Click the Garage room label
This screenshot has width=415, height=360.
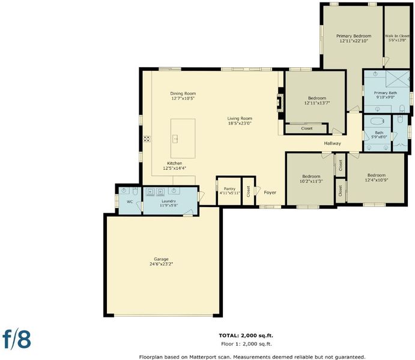tap(161, 259)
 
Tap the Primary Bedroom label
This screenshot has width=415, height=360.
tap(354, 36)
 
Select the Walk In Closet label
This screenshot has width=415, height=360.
tap(397, 36)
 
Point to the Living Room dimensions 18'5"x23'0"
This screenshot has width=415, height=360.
tap(240, 123)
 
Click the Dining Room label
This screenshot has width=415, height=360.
tap(183, 94)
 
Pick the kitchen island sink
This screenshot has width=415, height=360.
tap(175, 139)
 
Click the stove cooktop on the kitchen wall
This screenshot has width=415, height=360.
tap(147, 139)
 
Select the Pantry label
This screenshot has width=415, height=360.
tap(229, 189)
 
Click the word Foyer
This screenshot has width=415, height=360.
tap(270, 193)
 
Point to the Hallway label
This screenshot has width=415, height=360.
tap(333, 143)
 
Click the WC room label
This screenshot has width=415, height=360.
tap(130, 202)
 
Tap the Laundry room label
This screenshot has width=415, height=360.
tap(169, 201)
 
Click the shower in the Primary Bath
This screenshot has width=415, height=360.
tap(397, 79)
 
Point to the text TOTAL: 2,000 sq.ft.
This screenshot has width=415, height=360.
tap(246, 335)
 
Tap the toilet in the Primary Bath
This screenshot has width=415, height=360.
tap(402, 109)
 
